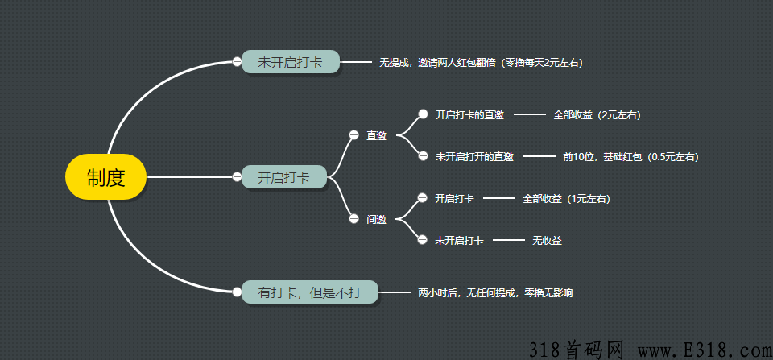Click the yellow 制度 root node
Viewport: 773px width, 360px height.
(106, 177)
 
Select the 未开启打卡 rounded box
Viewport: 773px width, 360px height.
(291, 62)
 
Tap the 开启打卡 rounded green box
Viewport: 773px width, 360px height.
(284, 176)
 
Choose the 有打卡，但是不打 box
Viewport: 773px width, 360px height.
(309, 292)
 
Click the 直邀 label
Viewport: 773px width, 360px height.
(376, 135)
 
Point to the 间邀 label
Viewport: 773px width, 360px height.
(376, 219)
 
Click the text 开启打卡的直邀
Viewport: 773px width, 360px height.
(469, 115)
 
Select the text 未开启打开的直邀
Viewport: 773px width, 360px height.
(475, 157)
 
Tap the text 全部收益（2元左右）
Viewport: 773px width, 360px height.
(597, 115)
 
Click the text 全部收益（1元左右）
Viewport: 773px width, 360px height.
(566, 199)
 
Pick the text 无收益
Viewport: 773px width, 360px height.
(547, 241)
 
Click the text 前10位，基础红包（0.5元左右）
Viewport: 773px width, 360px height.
(630, 157)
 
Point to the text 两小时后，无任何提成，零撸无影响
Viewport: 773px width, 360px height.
(495, 293)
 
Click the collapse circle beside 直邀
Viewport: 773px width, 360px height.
(353, 135)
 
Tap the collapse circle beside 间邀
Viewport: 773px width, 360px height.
(353, 219)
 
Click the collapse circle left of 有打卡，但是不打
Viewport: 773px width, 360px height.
(237, 292)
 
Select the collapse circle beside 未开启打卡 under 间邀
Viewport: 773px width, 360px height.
(422, 240)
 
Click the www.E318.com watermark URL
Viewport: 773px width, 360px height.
(705, 350)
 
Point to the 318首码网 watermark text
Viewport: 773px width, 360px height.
(577, 350)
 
